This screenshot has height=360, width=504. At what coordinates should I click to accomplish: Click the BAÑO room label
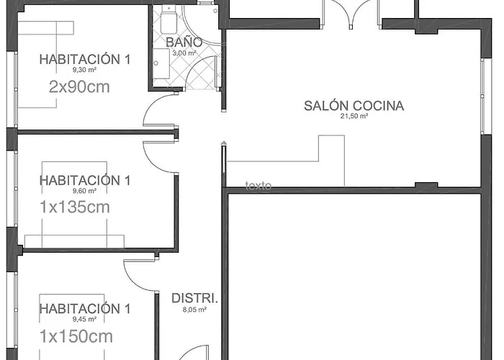pos(184,42)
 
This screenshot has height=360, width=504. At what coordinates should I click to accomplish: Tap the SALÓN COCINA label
pos(354,106)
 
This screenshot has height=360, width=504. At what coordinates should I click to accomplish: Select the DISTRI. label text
pos(195,298)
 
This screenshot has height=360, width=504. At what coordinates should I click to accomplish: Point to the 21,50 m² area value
pos(354,117)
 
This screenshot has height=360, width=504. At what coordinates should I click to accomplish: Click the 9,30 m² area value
pos(84,70)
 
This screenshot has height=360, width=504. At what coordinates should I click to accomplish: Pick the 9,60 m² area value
pos(84,191)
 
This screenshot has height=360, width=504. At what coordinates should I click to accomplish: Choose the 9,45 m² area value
pos(84,319)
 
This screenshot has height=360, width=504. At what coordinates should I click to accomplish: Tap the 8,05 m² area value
pos(194,310)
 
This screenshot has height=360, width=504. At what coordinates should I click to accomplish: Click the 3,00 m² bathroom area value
pos(184,53)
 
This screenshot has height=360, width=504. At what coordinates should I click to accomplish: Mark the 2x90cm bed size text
pos(79,87)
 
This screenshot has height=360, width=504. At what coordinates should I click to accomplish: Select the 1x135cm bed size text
pos(75,207)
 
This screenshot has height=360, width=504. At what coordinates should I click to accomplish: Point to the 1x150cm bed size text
pos(76,336)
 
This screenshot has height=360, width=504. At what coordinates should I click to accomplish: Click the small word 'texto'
pos(258,186)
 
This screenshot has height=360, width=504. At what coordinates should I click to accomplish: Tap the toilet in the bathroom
pos(168,20)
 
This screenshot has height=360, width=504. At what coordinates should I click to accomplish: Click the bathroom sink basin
pos(161,63)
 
